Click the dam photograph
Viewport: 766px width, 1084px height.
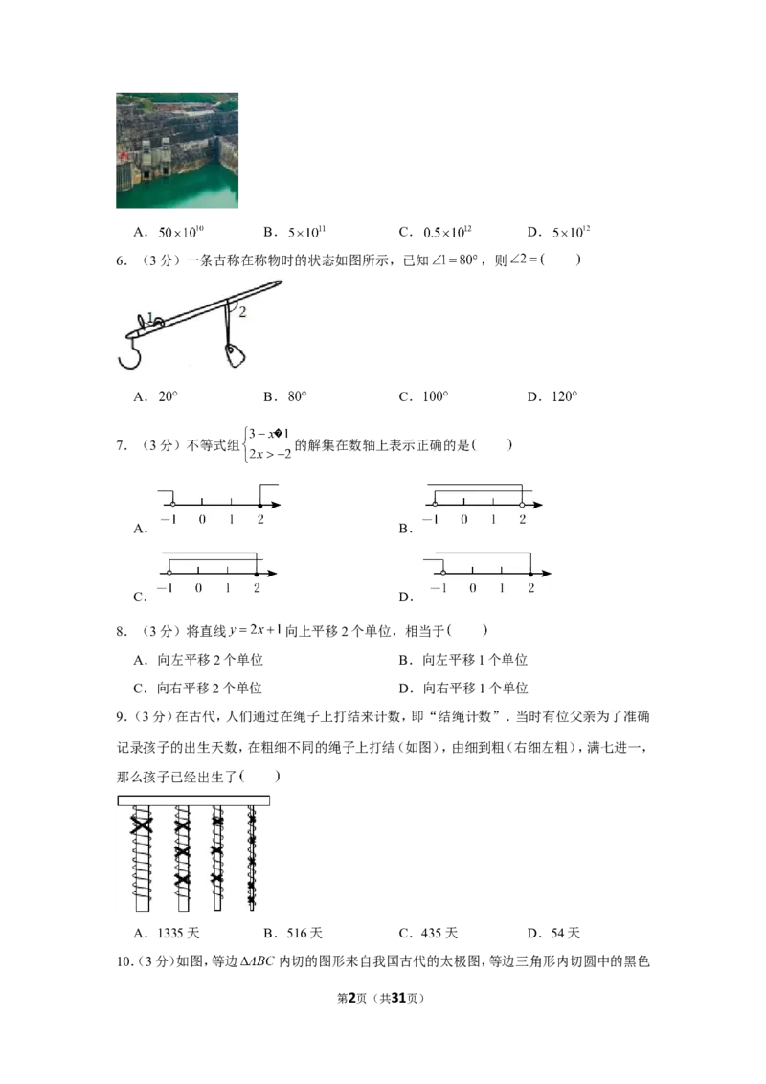point(177,150)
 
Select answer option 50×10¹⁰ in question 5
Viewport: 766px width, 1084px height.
point(181,232)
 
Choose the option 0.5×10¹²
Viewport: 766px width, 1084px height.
point(447,232)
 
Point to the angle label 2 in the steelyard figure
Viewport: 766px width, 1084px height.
point(242,312)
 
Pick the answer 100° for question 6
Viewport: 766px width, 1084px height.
point(436,396)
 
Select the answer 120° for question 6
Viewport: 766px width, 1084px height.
point(564,396)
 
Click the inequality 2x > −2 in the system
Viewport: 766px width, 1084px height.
point(270,454)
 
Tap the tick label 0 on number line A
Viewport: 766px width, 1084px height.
point(202,520)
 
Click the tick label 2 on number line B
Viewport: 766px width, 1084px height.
point(523,520)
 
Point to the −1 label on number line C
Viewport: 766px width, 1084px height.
point(166,588)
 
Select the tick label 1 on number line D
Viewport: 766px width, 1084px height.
point(502,588)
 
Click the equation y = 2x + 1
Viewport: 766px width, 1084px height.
point(256,630)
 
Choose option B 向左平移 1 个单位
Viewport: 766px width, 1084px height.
point(474,660)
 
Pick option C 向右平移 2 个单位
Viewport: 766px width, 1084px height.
point(209,688)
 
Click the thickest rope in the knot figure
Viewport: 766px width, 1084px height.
point(142,859)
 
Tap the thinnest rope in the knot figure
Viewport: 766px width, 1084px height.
point(252,857)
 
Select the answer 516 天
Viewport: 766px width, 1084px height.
point(304,934)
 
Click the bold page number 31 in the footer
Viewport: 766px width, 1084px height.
point(398,998)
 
